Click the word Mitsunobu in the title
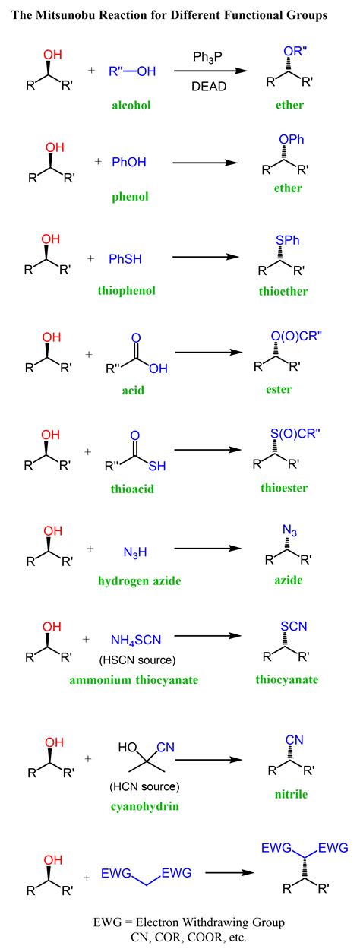(64, 16)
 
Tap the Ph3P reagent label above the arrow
(207, 57)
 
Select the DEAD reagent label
(209, 87)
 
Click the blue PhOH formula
(129, 162)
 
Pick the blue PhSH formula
(125, 259)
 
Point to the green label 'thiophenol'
(126, 291)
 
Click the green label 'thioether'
(283, 291)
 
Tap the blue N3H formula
(135, 552)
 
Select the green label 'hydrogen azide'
(139, 580)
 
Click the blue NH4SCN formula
(136, 640)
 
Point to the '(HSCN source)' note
(137, 660)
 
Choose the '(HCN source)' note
(144, 786)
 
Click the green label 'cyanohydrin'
(144, 806)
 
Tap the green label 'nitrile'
(291, 794)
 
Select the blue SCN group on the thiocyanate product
(293, 626)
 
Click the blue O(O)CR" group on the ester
(296, 336)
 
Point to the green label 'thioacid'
(132, 489)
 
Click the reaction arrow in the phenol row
(205, 163)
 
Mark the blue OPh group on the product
(292, 139)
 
